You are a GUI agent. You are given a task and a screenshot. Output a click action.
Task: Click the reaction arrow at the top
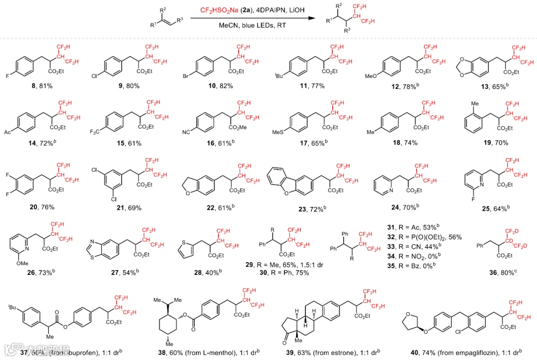(x=253, y=18)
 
